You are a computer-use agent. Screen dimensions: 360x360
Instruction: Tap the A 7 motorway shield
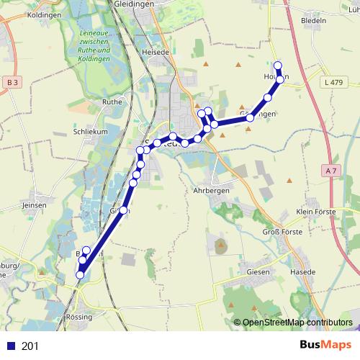pos(331,170)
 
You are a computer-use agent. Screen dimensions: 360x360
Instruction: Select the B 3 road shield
pos(12,83)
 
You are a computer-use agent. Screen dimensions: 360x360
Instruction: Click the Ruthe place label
pos(112,102)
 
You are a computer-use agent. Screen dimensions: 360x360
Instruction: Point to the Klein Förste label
pos(318,212)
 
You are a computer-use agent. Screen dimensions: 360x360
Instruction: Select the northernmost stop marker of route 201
pos(277,65)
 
